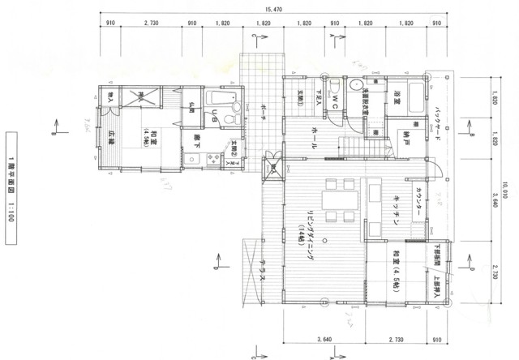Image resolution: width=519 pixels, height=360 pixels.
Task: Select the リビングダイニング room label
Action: point(311,235)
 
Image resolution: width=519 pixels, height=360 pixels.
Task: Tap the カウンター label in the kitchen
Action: point(418,200)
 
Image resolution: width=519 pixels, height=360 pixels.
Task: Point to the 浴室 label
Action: point(397,99)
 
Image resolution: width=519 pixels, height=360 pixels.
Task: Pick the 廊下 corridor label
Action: point(196,139)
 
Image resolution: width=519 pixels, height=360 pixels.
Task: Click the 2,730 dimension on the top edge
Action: point(151,24)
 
